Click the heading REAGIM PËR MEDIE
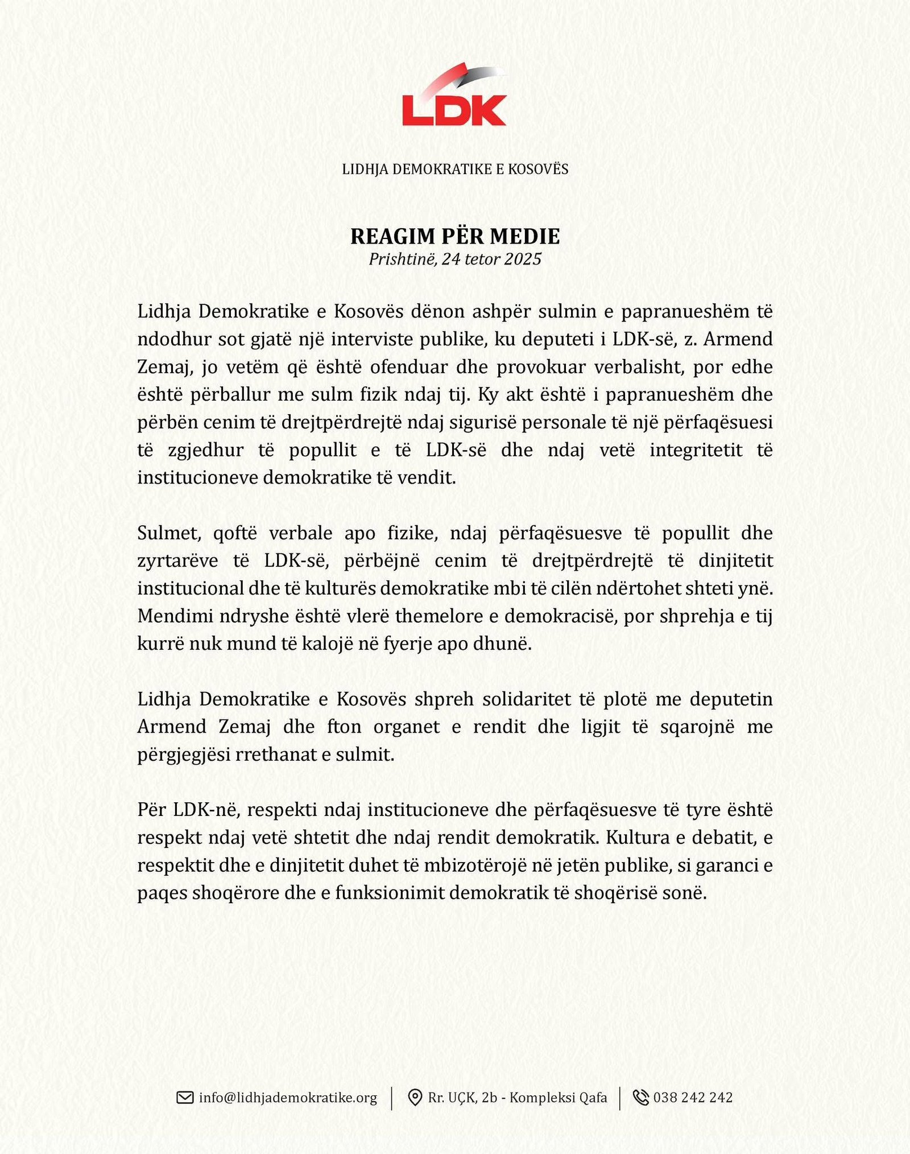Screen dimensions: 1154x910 (x=455, y=236)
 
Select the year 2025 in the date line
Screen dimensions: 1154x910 (x=523, y=259)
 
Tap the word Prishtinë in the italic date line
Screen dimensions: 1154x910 (x=403, y=259)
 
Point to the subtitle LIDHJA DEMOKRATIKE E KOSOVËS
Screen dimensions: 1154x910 (x=455, y=169)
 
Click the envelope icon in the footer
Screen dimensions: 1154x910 (x=185, y=1097)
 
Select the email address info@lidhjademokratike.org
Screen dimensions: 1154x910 (x=288, y=1097)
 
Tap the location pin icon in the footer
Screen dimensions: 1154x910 (x=415, y=1097)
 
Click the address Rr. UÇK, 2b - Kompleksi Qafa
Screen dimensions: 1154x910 (x=518, y=1097)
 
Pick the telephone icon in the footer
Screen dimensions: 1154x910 (x=640, y=1097)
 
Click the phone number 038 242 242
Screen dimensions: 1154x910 (x=693, y=1097)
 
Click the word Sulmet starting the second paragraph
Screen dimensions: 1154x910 (x=169, y=533)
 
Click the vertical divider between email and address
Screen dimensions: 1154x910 (x=392, y=1097)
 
